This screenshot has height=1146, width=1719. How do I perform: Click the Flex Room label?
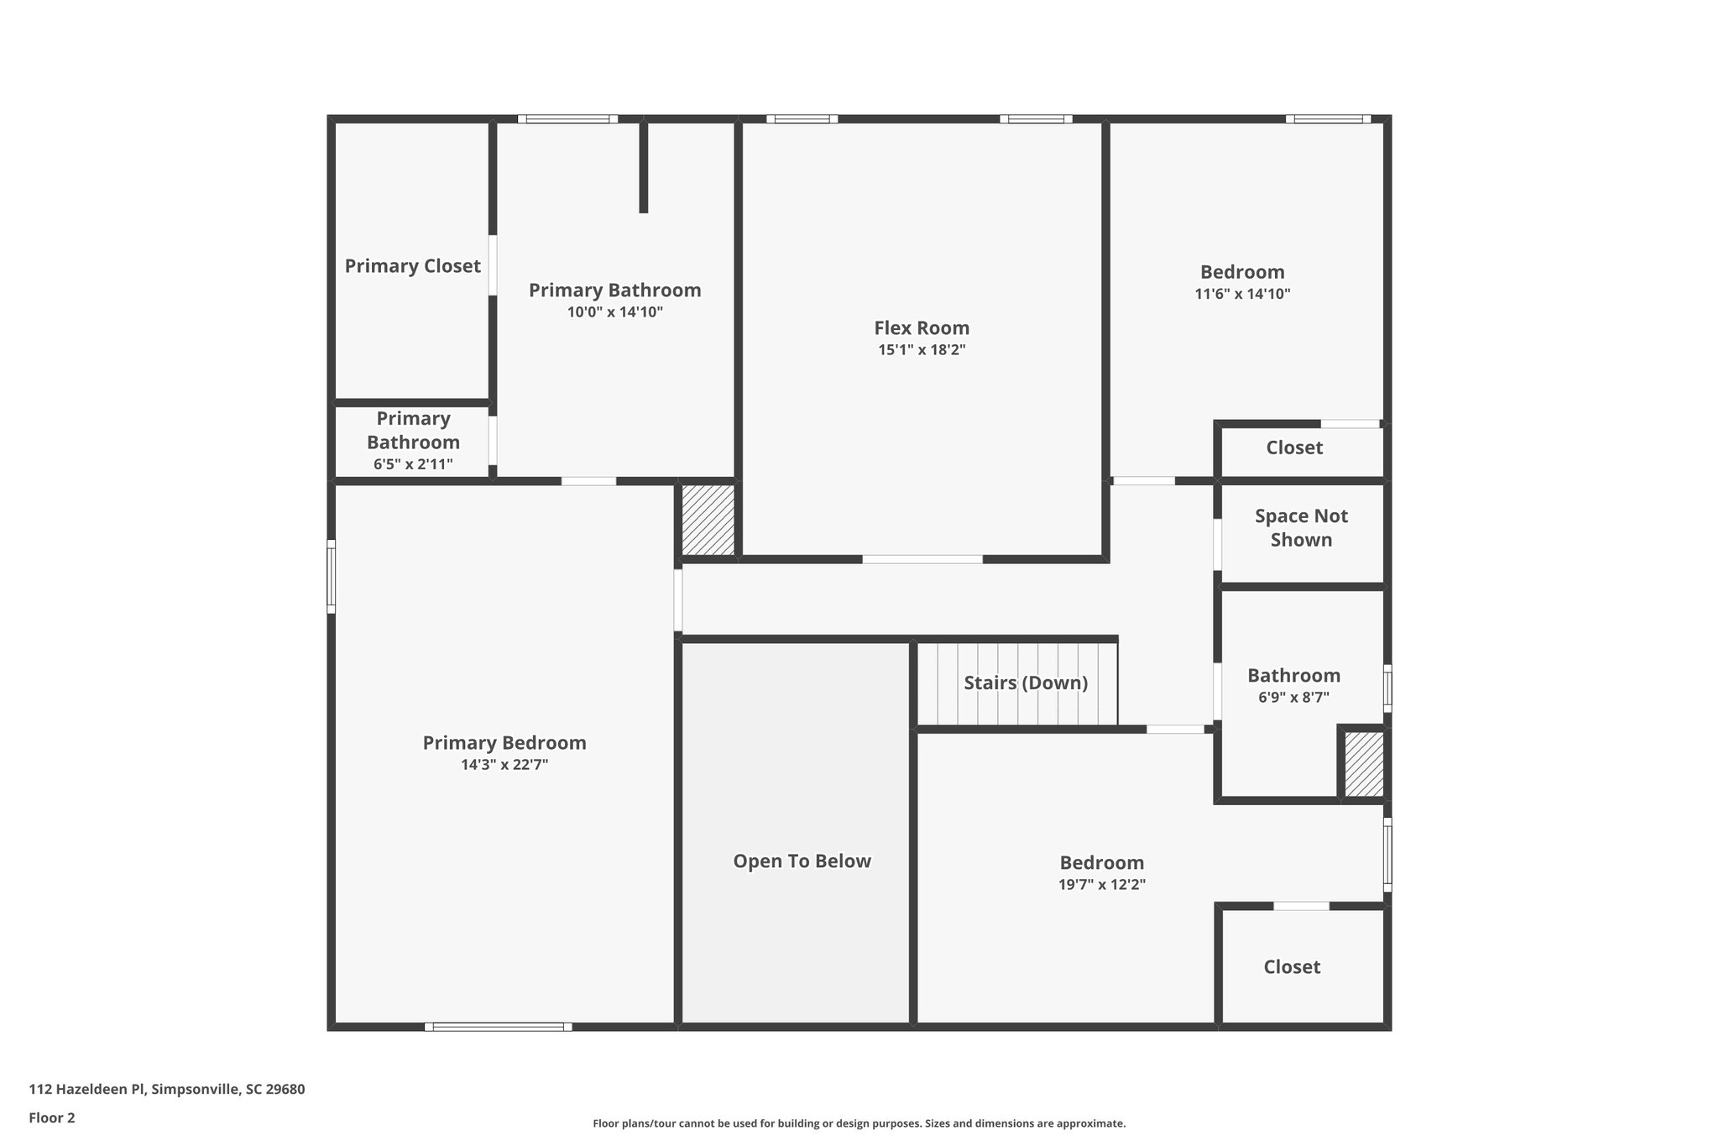coord(922,328)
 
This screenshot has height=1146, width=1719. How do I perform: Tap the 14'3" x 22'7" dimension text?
coord(504,765)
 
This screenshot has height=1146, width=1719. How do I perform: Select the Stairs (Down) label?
coord(1026,683)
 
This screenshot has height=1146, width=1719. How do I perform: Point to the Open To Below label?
coord(802,861)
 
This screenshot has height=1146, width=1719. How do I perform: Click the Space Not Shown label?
coord(1301,528)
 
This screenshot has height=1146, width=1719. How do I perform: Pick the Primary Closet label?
coord(412,266)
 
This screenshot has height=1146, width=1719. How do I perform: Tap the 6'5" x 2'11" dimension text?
coord(413,464)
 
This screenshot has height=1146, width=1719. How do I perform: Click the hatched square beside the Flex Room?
coord(708,521)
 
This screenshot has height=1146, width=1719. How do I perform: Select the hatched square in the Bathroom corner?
coord(1363,765)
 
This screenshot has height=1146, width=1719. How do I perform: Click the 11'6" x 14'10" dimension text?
coord(1242,294)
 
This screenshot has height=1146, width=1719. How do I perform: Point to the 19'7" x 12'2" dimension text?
coord(1101,884)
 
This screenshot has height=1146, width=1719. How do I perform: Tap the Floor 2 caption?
coord(52,1117)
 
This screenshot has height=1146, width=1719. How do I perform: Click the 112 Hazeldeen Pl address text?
coord(167,1090)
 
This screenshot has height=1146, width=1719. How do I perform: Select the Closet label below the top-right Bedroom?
coord(1294,448)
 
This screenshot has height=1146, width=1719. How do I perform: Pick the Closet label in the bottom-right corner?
coord(1292,967)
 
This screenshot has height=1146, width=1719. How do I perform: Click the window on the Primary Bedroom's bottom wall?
coord(499,1027)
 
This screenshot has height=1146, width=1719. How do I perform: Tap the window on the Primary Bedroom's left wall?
coord(332,576)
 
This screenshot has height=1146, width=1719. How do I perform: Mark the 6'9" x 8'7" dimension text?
coord(1293,697)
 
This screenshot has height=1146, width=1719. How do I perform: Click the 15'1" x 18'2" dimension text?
coord(922,350)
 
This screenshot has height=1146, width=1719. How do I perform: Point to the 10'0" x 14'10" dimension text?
coord(614,312)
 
